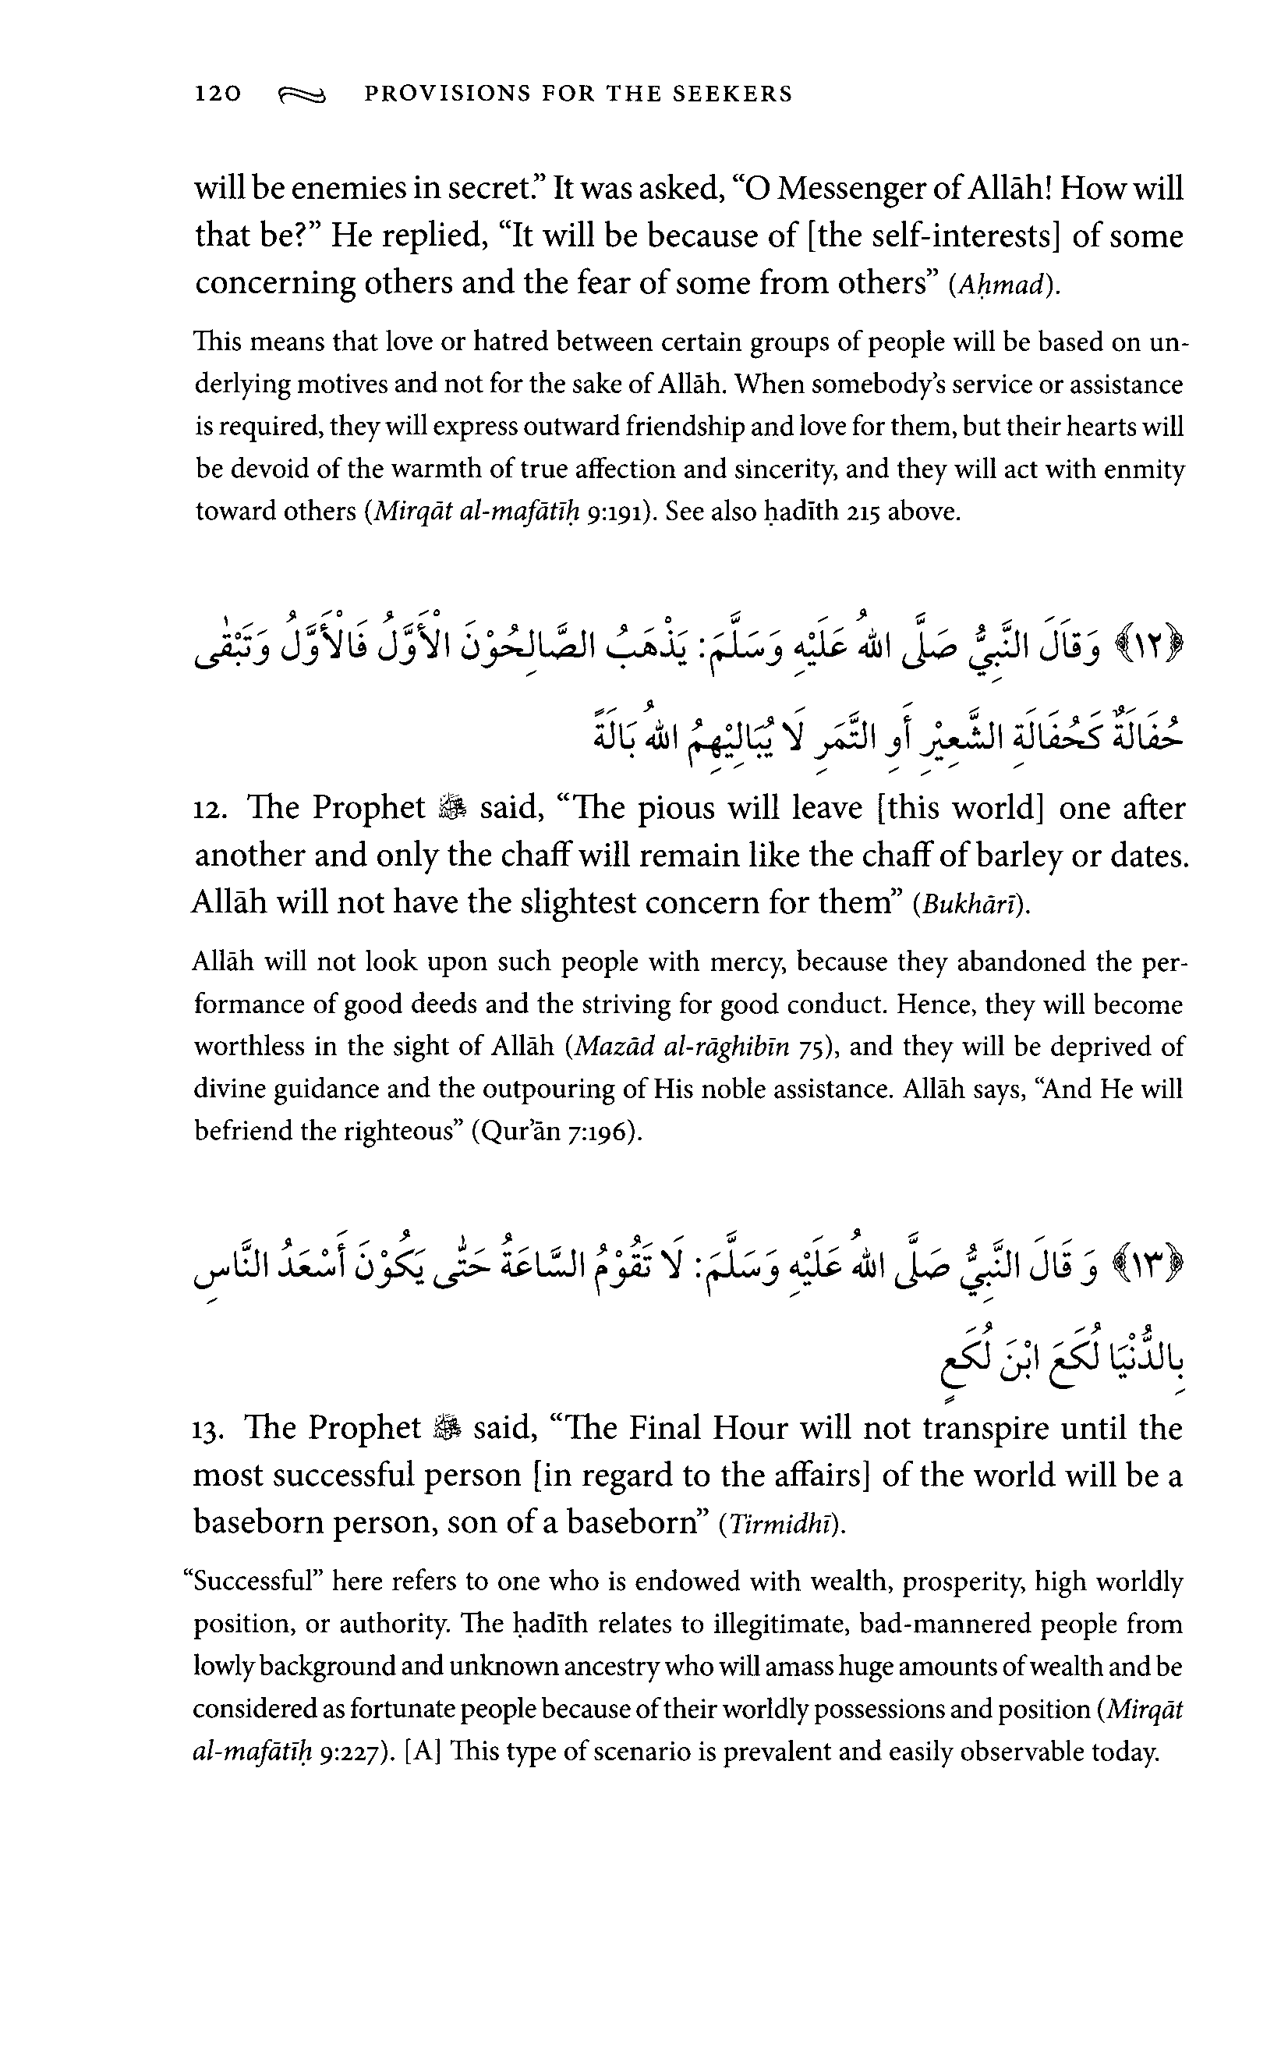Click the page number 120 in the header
218,94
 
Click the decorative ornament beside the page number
301,95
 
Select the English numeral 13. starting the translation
207,1429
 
